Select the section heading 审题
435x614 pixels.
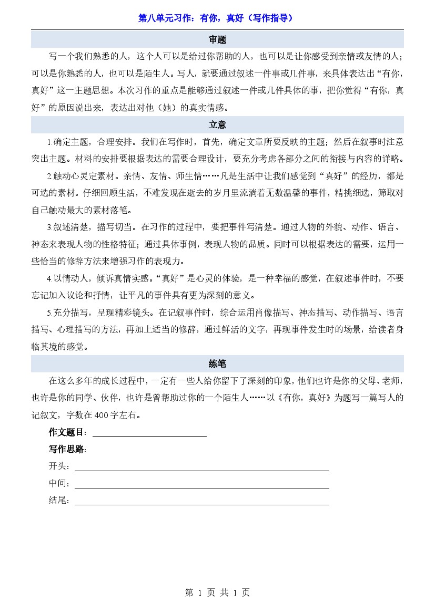217,40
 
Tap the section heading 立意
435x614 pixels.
217,125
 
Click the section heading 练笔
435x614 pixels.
217,363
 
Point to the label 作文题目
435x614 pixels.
67,432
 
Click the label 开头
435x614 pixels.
58,466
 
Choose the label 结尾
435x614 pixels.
58,501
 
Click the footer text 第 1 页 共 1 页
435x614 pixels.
217,592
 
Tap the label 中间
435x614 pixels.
58,484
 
